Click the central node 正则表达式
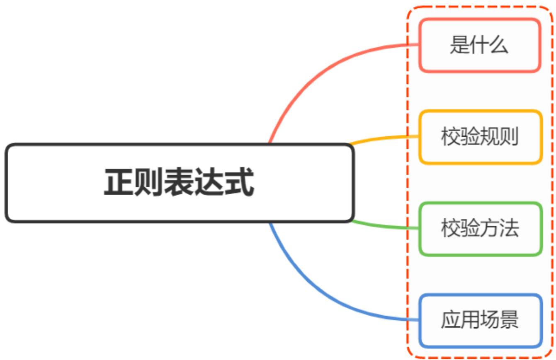(x=179, y=183)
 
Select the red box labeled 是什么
(x=480, y=45)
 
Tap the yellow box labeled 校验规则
(x=480, y=137)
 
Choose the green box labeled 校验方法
(x=480, y=229)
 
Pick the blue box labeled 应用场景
(x=480, y=321)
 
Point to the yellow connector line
(x=386, y=138)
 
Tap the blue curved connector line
(x=315, y=290)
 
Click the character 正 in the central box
(x=119, y=183)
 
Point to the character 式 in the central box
(x=240, y=183)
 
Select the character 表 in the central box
(x=179, y=183)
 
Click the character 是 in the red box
(x=459, y=45)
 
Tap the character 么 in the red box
(x=499, y=45)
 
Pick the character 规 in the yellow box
(x=489, y=137)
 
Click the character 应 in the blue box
(x=450, y=321)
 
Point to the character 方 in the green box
(x=489, y=229)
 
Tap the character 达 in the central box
(x=209, y=183)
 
